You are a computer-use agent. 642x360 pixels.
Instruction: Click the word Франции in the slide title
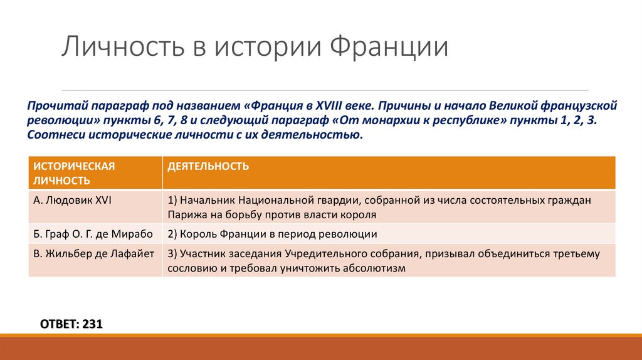(389, 48)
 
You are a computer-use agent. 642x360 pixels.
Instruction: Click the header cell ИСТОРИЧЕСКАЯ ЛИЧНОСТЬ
(74, 173)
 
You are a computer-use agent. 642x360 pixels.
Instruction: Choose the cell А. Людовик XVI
(72, 201)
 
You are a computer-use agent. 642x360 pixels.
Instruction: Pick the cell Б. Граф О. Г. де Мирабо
(93, 233)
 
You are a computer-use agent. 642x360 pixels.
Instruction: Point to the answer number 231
(92, 324)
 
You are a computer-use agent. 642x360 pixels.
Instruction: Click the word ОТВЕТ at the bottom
(58, 324)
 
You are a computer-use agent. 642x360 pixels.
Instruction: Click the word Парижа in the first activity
(185, 214)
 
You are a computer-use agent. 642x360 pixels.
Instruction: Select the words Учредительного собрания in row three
(344, 254)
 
